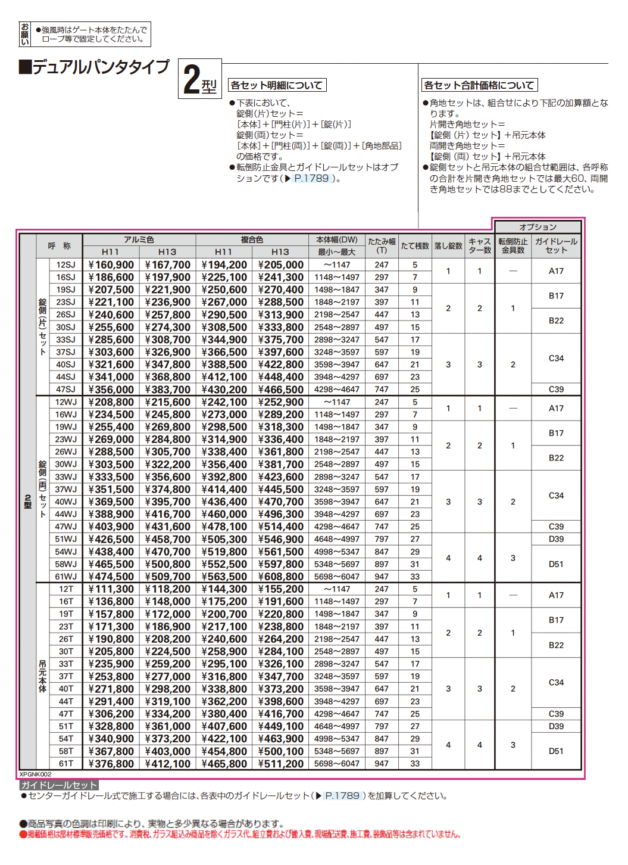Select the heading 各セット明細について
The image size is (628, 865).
(x=277, y=85)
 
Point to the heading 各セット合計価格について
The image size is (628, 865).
(x=479, y=85)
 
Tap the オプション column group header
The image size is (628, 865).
(x=538, y=227)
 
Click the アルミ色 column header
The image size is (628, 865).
(x=139, y=239)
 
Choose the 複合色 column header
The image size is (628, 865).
(x=252, y=239)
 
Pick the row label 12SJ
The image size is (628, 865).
(x=65, y=265)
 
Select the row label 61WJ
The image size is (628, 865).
(x=65, y=577)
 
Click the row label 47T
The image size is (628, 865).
(x=65, y=714)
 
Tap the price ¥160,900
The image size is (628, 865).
(x=111, y=265)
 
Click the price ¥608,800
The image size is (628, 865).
(x=280, y=577)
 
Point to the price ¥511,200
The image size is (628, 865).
(x=280, y=764)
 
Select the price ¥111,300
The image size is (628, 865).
(x=111, y=589)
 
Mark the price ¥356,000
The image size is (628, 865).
(x=111, y=390)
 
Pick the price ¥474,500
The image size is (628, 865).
(x=111, y=577)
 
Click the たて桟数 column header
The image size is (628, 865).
(x=415, y=245)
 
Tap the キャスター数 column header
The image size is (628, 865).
(x=480, y=245)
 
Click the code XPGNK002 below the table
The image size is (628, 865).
(x=36, y=774)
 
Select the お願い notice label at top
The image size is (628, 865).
(x=25, y=35)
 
